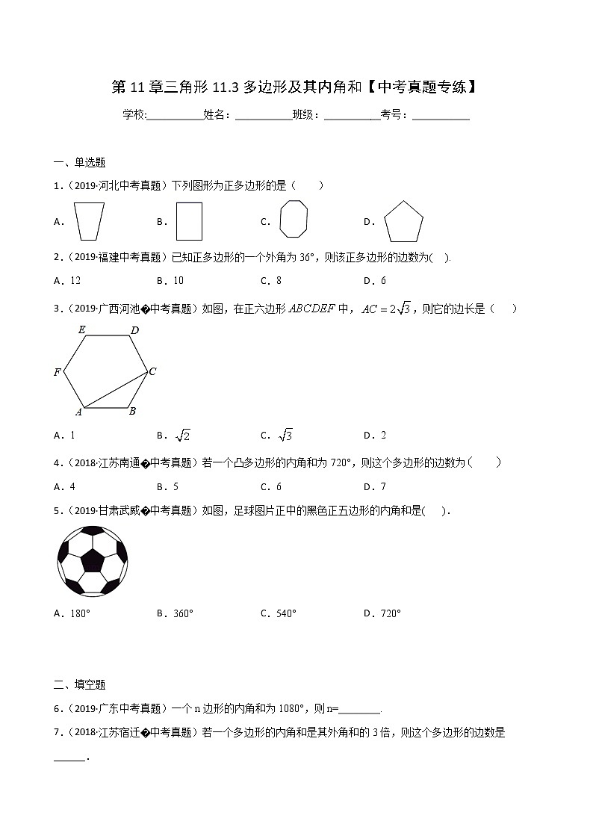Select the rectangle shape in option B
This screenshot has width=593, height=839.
(190, 221)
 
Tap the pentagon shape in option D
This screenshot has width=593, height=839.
(403, 222)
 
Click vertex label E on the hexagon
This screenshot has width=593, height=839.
(81, 329)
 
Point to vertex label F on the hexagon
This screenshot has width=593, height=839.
(57, 372)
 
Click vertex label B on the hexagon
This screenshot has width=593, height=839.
(132, 410)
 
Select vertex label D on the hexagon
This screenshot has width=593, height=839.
(134, 330)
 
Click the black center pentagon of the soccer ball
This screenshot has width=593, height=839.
(93, 560)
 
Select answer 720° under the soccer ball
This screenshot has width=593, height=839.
(390, 613)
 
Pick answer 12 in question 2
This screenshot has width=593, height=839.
(75, 281)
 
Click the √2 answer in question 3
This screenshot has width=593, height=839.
(182, 436)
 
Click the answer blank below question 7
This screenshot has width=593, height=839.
(69, 758)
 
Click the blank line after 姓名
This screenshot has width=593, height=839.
(263, 115)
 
